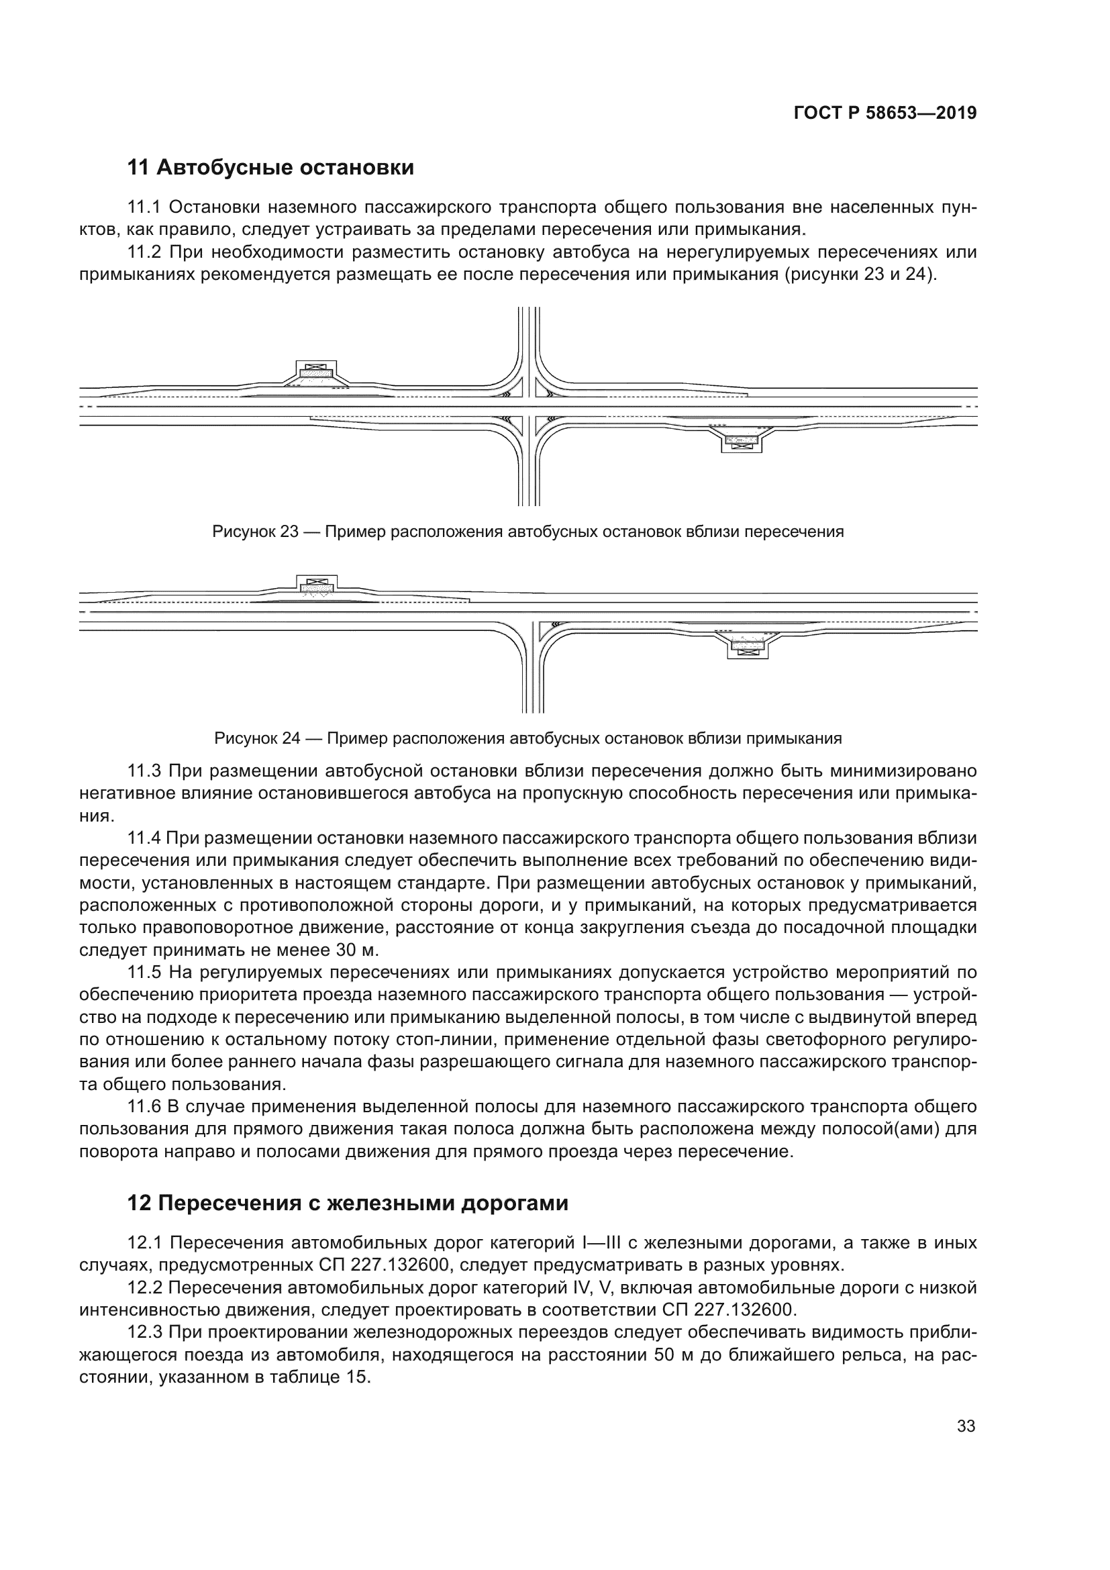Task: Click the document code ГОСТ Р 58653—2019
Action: point(885,113)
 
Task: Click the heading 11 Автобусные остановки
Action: point(270,167)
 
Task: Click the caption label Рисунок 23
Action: point(255,532)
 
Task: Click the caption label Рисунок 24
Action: point(257,738)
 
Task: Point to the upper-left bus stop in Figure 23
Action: point(316,373)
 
